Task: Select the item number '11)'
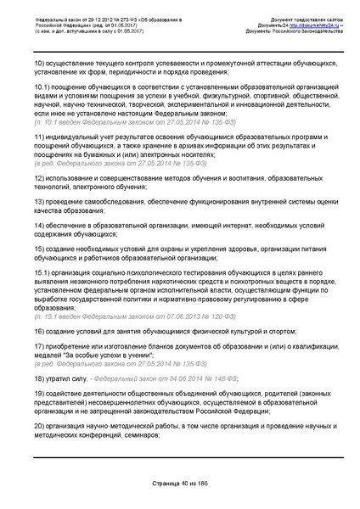39,137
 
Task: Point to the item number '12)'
39,179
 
